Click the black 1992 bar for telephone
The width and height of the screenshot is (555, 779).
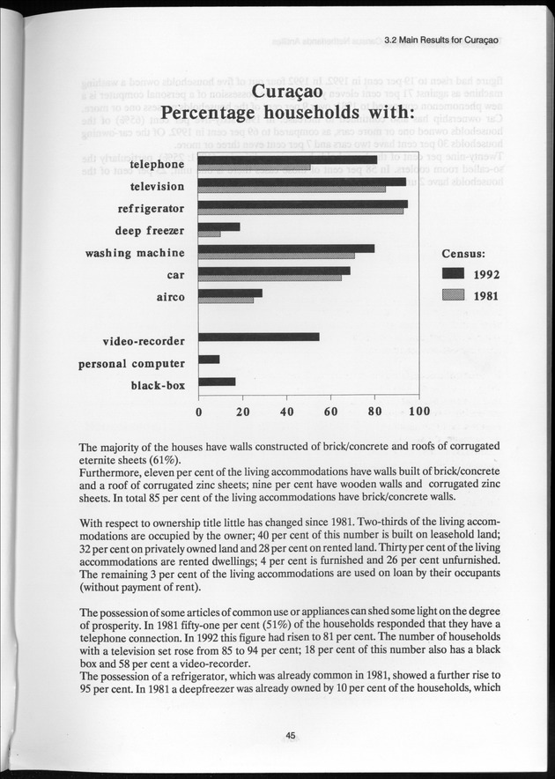[x=288, y=160]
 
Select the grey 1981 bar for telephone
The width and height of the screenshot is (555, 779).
[x=255, y=167]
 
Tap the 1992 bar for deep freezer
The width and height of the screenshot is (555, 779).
[x=219, y=226]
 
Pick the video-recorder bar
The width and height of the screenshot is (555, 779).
[x=259, y=337]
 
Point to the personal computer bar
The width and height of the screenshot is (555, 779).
[x=210, y=360]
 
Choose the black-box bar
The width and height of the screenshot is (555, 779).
[x=218, y=382]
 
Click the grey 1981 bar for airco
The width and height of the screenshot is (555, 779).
[x=226, y=300]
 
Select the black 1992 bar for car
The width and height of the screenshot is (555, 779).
[x=275, y=270]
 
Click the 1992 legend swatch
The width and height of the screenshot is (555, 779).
[x=453, y=273]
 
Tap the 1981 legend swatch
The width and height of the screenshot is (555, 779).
[x=453, y=295]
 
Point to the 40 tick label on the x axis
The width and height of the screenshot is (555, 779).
[x=287, y=412]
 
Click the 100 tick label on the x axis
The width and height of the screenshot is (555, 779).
[x=419, y=412]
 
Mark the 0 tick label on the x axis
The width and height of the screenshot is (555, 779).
[x=199, y=412]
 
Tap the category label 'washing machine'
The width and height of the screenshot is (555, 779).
[x=135, y=254]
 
